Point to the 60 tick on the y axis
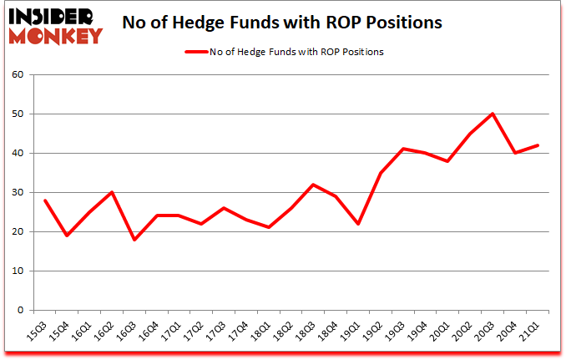19,75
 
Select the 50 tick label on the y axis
19,114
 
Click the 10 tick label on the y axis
19,271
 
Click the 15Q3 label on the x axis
36,327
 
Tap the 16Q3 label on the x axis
126,327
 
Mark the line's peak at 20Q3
493,114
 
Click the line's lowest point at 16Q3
134,240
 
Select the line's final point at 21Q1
538,145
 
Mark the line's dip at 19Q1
357,224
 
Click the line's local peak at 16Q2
111,192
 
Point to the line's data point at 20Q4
515,153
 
